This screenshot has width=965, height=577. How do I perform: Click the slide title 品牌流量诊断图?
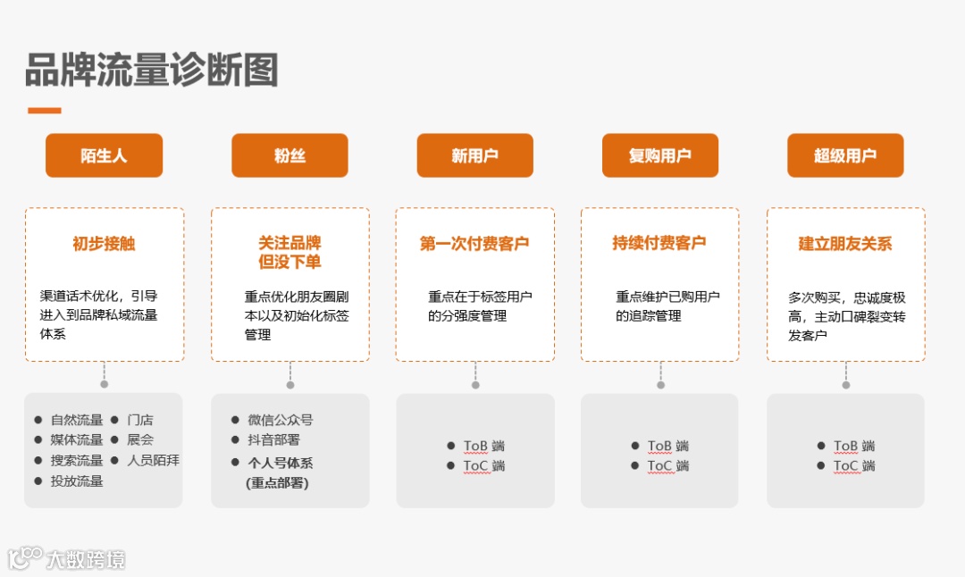[x=152, y=71]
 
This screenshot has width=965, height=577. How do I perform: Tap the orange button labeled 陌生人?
[x=104, y=155]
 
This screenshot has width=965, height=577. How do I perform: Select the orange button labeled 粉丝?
[x=289, y=155]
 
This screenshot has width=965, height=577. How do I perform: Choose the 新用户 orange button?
[x=474, y=155]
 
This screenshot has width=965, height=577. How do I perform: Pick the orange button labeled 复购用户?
[x=659, y=155]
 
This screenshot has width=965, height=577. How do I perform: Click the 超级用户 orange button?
[x=845, y=155]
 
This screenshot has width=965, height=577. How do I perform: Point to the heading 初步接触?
[x=104, y=243]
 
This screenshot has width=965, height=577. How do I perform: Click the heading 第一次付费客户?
[x=474, y=243]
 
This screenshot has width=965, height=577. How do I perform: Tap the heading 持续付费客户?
[x=659, y=242]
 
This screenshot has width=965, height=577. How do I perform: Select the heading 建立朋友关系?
[x=845, y=243]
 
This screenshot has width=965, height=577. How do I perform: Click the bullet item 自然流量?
[x=77, y=420]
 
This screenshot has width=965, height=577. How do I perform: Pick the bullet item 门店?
[x=140, y=420]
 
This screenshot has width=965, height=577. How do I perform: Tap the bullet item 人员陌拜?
[x=153, y=460]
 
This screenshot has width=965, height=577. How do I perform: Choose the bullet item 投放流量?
[x=77, y=481]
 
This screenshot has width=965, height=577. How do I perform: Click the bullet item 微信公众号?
[x=281, y=420]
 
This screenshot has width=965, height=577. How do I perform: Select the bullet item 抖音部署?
[x=273, y=439]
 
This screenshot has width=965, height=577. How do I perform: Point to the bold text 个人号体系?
[x=281, y=463]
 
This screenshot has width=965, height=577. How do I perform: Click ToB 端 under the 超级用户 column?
[x=854, y=446]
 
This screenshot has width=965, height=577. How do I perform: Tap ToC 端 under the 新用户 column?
[x=483, y=465]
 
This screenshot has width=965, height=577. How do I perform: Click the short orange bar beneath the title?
[x=45, y=111]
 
